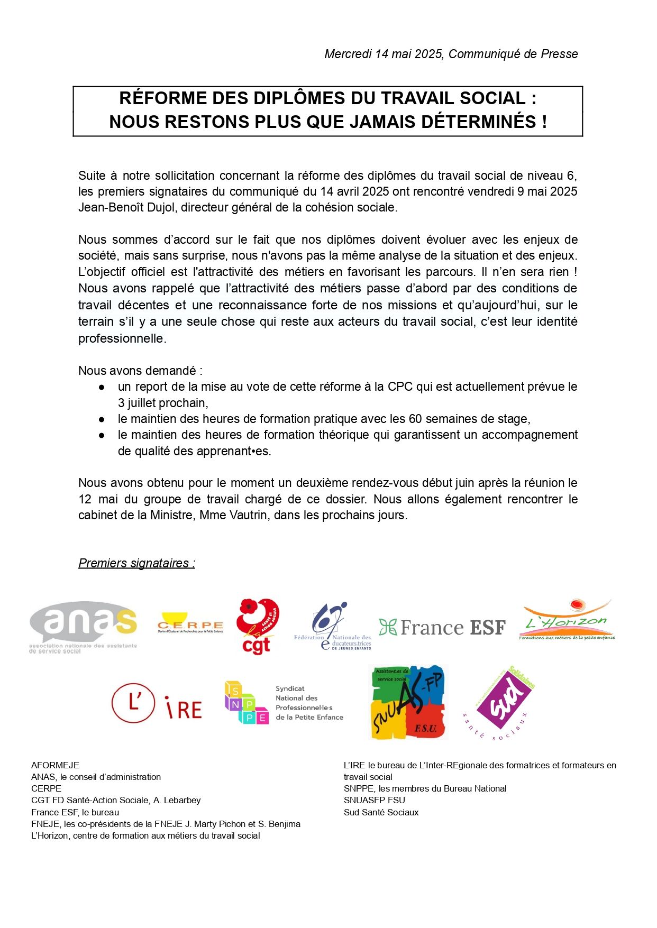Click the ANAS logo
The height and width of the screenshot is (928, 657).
[x=84, y=627]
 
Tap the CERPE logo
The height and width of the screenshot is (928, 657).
[x=190, y=623]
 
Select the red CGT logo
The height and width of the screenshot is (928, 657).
[x=257, y=627]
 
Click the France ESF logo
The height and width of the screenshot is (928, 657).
[x=442, y=628]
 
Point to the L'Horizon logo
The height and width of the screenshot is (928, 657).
[x=567, y=620]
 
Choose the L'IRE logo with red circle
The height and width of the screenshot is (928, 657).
[x=157, y=704]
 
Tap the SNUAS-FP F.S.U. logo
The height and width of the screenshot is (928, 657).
[x=408, y=702]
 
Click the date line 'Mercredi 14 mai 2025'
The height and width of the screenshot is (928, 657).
[x=384, y=54]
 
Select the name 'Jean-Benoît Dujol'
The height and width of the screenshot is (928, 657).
[x=126, y=208]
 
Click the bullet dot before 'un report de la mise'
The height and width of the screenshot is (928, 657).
[x=102, y=388]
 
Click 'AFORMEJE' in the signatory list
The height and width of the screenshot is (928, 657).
[x=55, y=766]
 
